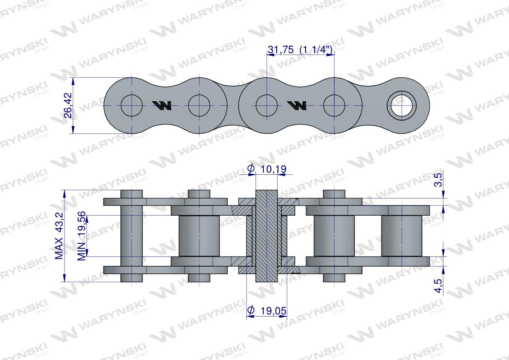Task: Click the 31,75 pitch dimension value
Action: [x=281, y=50]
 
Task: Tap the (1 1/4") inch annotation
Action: [x=316, y=50]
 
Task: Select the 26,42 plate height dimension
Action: [x=68, y=105]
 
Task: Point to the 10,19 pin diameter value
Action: [x=273, y=169]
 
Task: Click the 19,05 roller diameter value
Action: [x=273, y=310]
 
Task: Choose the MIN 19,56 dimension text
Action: [x=81, y=236]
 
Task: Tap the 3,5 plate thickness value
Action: [x=438, y=180]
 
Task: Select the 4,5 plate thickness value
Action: [x=438, y=286]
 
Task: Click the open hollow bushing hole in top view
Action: [x=402, y=106]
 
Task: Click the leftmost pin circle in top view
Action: [x=132, y=106]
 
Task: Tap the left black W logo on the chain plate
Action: [x=162, y=106]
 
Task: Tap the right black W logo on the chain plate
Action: [x=297, y=106]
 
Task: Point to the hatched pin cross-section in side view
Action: [x=267, y=236]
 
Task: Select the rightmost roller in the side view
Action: [x=402, y=236]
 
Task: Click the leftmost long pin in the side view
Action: [x=132, y=236]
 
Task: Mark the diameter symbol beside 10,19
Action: [x=251, y=169]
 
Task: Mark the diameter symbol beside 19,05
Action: [x=251, y=310]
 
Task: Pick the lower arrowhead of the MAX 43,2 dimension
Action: [x=65, y=278]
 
